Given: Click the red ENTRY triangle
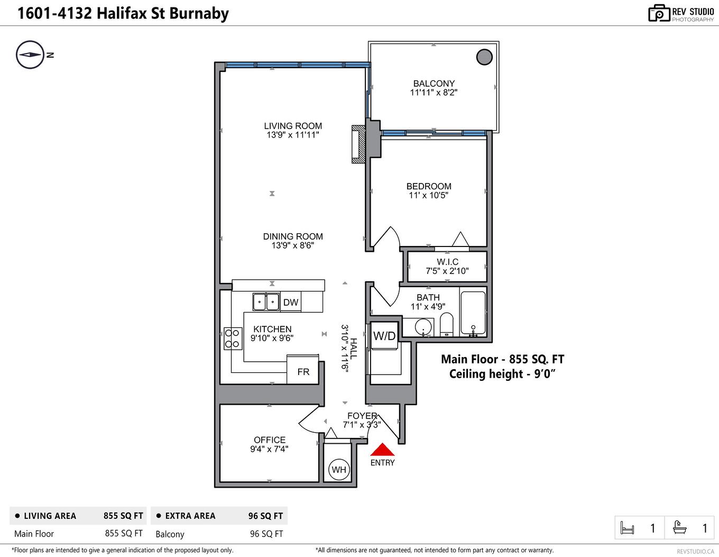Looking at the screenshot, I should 382,450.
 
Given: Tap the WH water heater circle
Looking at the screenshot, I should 339,470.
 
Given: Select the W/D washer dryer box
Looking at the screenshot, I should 384,336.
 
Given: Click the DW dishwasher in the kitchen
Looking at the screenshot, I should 291,303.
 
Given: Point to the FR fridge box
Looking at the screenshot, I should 303,372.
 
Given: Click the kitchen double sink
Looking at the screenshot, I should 266,302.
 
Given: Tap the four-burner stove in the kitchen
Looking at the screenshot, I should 232,339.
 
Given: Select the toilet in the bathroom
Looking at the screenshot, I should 447,324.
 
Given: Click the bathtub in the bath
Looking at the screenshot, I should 473,313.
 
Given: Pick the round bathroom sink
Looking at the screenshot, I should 423,326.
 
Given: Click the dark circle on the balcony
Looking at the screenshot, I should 484,57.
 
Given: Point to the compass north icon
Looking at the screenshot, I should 30,54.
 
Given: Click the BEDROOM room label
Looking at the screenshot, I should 429,186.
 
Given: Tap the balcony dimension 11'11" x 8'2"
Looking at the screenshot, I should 434,93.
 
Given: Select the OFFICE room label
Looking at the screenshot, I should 270,440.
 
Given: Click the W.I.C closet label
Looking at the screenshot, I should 447,262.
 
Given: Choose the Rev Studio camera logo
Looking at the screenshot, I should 659,13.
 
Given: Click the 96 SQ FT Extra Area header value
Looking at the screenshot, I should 265,516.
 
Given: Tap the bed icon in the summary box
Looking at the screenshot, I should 627,528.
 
